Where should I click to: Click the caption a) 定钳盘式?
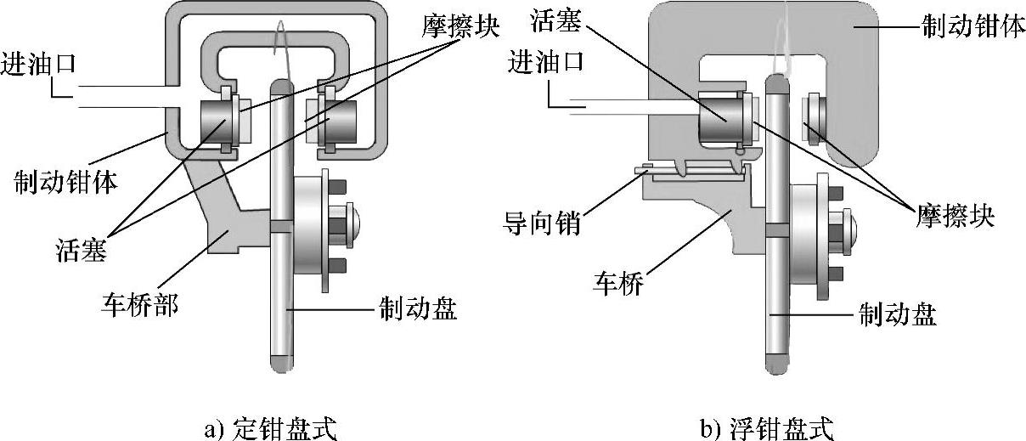point(271,427)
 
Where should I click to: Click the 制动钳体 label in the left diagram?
point(65,181)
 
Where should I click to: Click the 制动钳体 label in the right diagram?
point(971,26)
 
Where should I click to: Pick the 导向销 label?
point(551,224)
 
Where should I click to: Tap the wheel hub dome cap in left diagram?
point(357,223)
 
